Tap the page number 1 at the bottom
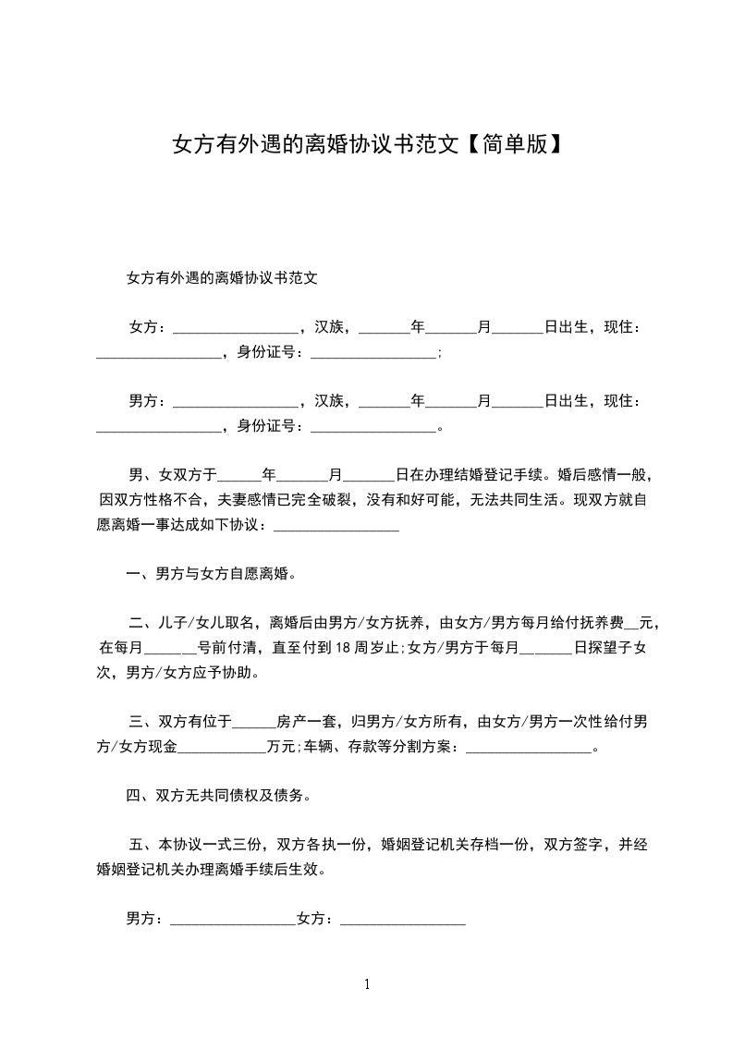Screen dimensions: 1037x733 coord(367,984)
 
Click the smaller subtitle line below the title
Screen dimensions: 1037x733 coord(222,276)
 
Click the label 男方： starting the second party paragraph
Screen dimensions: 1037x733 coord(146,401)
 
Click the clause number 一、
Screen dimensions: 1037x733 coord(140,574)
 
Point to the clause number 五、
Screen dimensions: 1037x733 coord(140,845)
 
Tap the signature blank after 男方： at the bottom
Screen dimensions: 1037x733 coord(232,920)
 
